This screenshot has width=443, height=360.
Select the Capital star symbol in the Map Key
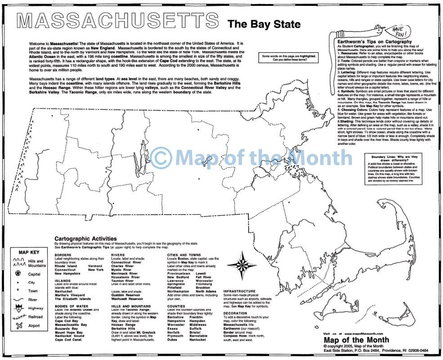(x=18, y=274)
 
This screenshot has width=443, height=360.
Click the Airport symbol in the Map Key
(x=18, y=325)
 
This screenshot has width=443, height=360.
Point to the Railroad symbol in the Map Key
(x=18, y=316)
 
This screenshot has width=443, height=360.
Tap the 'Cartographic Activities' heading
(x=85, y=239)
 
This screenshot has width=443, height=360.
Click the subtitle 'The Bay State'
(x=264, y=24)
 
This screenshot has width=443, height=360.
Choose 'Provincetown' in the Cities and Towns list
(x=179, y=273)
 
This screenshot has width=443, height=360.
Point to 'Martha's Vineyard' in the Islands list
(x=73, y=295)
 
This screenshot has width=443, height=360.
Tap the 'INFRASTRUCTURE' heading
(x=239, y=291)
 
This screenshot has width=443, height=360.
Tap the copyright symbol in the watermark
(x=161, y=158)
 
